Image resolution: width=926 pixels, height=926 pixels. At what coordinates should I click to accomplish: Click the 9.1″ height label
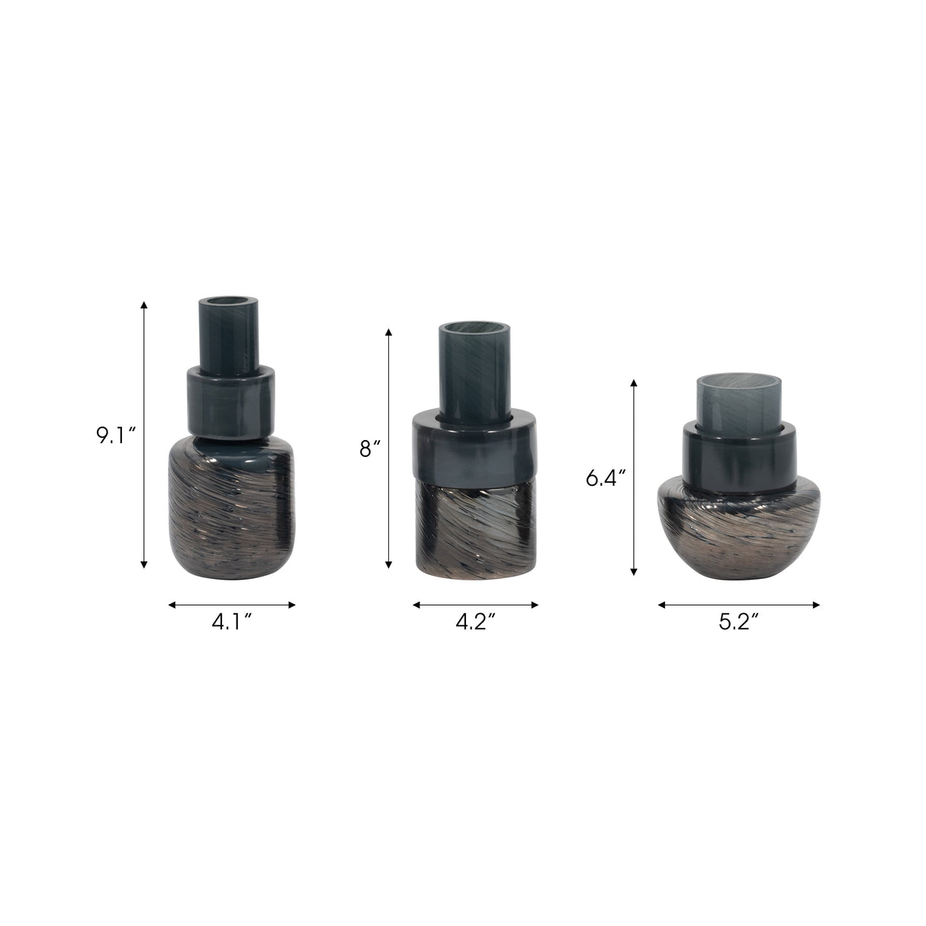point(117,436)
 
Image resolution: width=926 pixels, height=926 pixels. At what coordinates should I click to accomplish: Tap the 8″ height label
point(369,449)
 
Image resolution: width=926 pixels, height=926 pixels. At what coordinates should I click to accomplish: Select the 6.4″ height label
point(606,478)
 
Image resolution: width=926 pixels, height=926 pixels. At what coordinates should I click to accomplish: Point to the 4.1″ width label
point(232,622)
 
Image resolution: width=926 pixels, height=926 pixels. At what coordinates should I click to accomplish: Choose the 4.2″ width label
point(476,622)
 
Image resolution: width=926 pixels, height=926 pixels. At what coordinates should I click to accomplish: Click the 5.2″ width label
point(738,622)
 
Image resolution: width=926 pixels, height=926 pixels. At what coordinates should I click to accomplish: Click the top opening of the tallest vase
point(229,304)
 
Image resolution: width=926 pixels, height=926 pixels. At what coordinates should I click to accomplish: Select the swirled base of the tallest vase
point(232,507)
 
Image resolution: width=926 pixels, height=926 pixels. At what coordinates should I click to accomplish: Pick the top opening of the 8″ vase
point(474,330)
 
